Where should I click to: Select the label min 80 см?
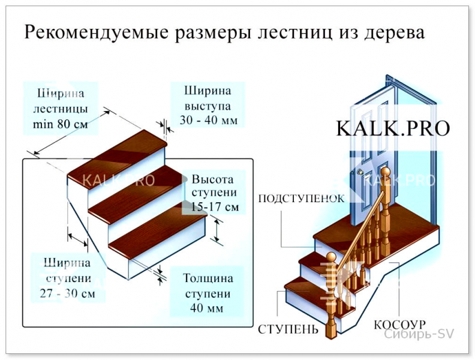click(x=61, y=124)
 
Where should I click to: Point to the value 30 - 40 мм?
click(x=209, y=121)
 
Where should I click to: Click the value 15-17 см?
click(x=215, y=207)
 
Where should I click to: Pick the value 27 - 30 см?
click(x=67, y=293)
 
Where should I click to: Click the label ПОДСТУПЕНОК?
click(x=302, y=199)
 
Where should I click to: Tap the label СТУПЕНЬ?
click(x=288, y=329)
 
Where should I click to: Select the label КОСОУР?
click(x=399, y=325)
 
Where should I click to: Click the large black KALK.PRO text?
click(x=393, y=128)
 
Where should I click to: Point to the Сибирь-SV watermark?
click(x=419, y=334)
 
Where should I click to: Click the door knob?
click(x=360, y=172)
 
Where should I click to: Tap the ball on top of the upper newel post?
click(x=384, y=173)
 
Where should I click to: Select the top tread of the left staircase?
click(x=118, y=154)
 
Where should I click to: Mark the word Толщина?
click(x=208, y=278)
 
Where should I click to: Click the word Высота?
click(x=213, y=179)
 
